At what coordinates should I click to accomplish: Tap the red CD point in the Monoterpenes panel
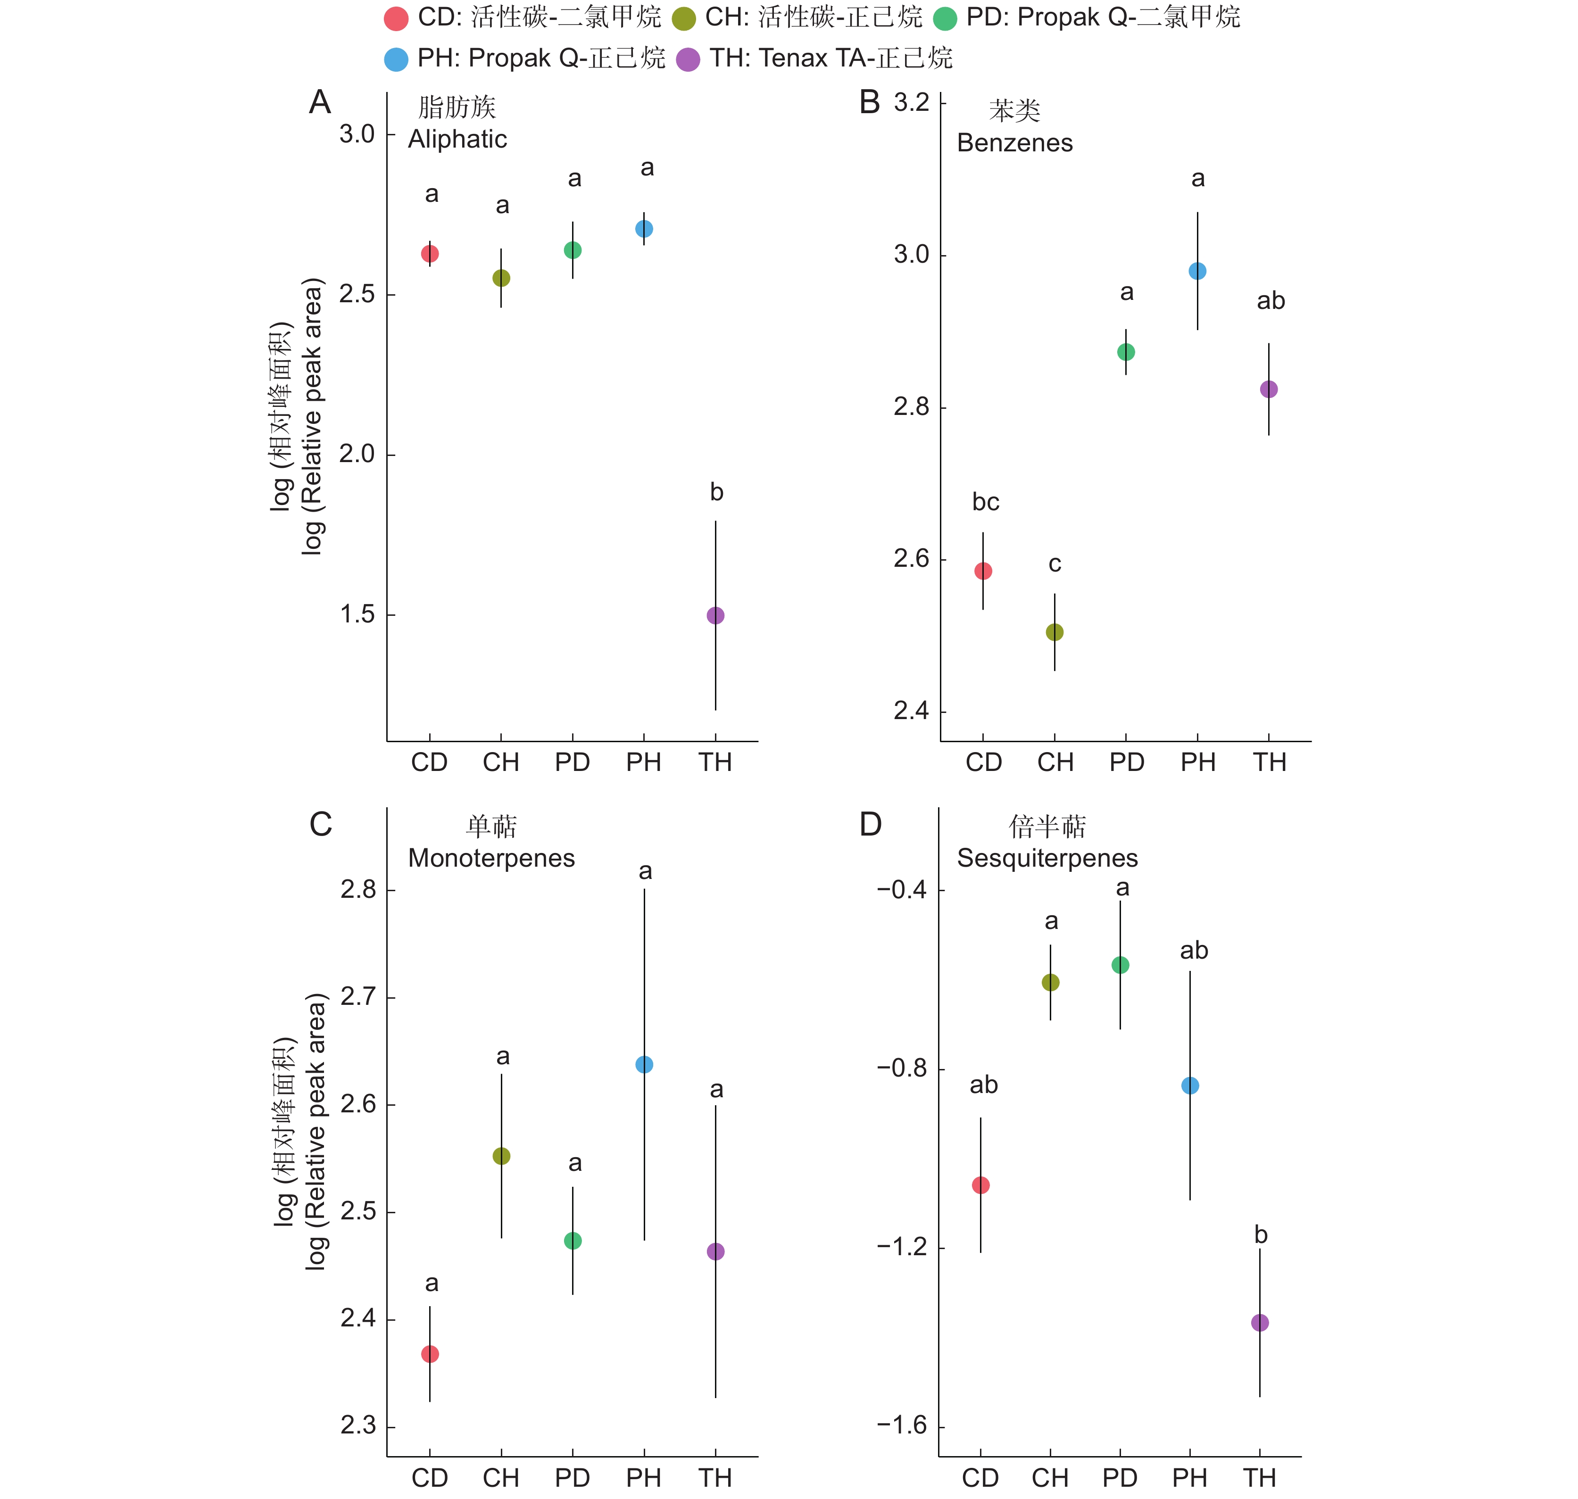tap(430, 1354)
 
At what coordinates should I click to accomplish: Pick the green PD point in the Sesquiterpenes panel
tap(1120, 965)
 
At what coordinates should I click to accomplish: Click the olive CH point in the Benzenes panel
tap(1055, 632)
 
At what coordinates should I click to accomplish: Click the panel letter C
tap(320, 825)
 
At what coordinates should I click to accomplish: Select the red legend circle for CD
tap(396, 18)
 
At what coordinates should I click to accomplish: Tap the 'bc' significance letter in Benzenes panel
tap(985, 502)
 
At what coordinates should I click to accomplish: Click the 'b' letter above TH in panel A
tap(717, 492)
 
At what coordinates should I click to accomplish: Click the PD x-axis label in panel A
tap(572, 762)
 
